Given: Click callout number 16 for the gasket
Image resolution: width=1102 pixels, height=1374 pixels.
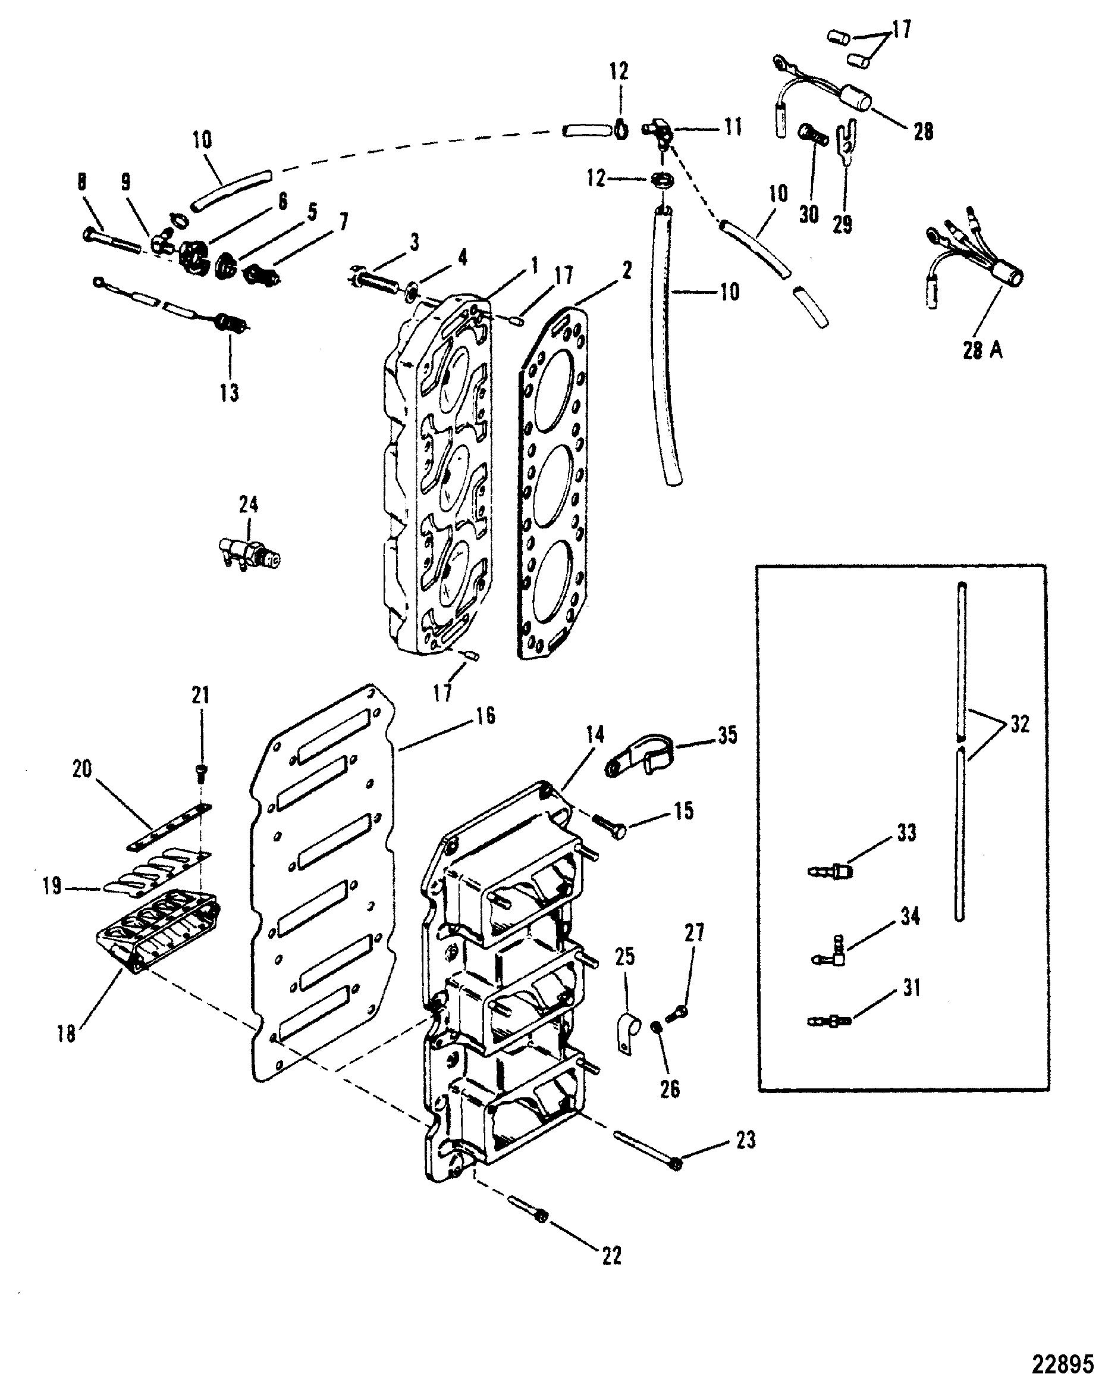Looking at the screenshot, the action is point(485,716).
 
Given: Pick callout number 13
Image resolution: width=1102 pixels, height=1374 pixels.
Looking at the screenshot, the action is point(230,393).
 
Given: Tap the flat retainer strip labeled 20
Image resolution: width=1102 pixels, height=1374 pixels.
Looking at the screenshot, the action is point(169,827).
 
